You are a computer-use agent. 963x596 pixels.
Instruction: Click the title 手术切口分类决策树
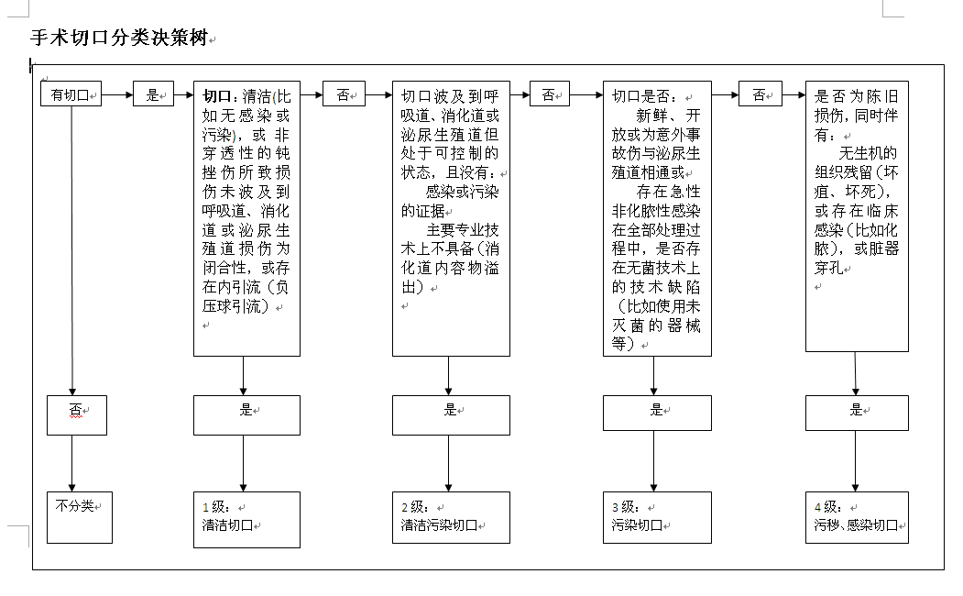coord(119,39)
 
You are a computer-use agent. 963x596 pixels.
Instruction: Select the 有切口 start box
coord(71,94)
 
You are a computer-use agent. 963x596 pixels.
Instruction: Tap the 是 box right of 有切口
coord(153,94)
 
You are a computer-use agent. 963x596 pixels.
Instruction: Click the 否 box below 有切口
coord(77,414)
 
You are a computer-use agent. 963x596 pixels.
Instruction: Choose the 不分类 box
coord(80,517)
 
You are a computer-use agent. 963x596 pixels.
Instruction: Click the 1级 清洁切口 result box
coord(246,519)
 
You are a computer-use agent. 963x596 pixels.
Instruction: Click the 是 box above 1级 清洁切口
coord(246,414)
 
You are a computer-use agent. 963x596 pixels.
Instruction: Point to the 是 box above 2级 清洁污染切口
coord(451,414)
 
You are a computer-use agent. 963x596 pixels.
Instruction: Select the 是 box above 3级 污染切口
coord(656,413)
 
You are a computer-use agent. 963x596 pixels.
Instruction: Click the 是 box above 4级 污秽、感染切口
coord(857,413)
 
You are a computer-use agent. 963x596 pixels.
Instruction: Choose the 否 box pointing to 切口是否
coord(550,94)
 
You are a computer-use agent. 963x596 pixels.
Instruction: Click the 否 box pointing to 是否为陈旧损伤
coord(760,94)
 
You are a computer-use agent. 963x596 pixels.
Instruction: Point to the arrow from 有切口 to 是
coord(117,94)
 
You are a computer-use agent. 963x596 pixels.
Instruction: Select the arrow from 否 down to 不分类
coord(72,463)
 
